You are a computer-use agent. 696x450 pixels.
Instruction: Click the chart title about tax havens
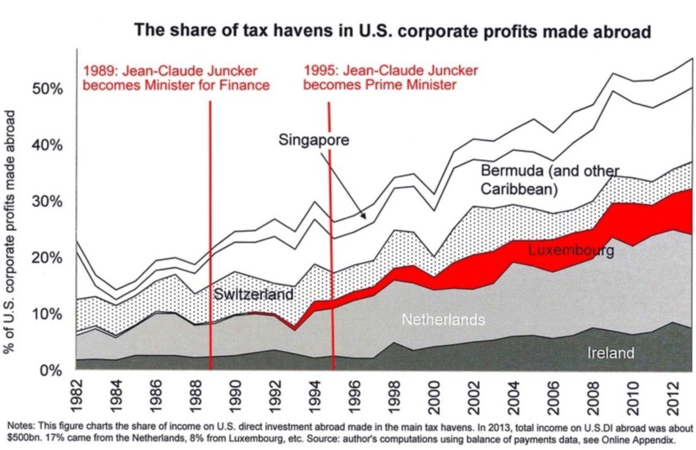coord(392,31)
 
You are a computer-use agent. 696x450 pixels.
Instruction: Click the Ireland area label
coord(610,353)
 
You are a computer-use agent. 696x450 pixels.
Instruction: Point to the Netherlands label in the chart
coord(443,319)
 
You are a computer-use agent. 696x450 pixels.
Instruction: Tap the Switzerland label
coord(254,294)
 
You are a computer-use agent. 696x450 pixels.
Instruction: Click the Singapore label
coord(314,140)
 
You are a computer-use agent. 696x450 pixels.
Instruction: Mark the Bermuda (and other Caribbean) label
coord(549,180)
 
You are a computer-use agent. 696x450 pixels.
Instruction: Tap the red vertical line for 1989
coord(210,233)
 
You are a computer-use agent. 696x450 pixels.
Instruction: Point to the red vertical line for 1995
coord(331,233)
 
